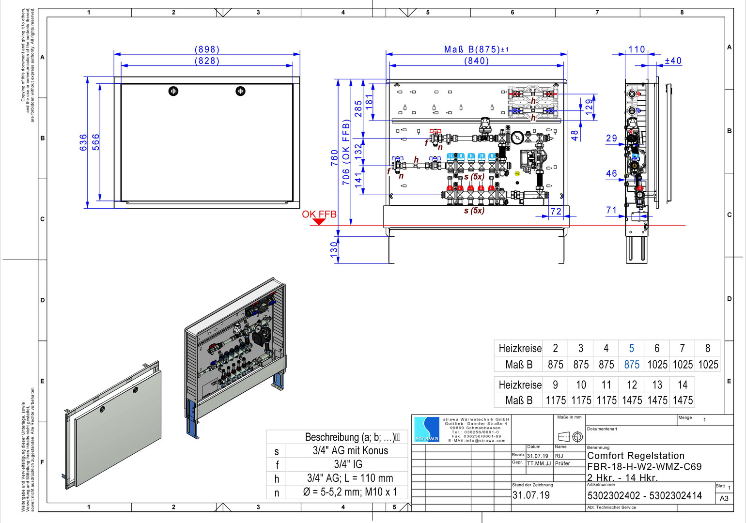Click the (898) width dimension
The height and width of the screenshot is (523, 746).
pyautogui.click(x=207, y=49)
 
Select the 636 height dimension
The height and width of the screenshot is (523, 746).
pyautogui.click(x=83, y=142)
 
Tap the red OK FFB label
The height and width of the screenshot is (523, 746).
pyautogui.click(x=319, y=214)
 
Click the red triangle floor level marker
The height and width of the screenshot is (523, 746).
pyautogui.click(x=319, y=222)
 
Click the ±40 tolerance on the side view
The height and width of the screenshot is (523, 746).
pyautogui.click(x=673, y=61)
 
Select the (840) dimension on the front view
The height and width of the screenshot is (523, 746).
pyautogui.click(x=476, y=61)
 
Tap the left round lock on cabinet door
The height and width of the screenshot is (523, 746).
pyautogui.click(x=173, y=91)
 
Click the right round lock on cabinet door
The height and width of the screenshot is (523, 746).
pyautogui.click(x=240, y=91)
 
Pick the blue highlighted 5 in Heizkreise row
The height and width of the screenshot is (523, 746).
pyautogui.click(x=631, y=348)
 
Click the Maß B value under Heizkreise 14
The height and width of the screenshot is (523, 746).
pyautogui.click(x=682, y=400)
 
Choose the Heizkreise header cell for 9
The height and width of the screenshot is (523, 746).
pyautogui.click(x=555, y=385)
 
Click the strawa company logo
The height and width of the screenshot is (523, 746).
pyautogui.click(x=426, y=429)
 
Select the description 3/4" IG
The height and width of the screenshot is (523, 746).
pyautogui.click(x=348, y=464)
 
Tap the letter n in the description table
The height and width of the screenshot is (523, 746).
pyautogui.click(x=277, y=492)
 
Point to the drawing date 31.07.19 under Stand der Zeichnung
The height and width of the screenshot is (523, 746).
pyautogui.click(x=531, y=495)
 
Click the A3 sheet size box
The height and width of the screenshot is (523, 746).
pyautogui.click(x=724, y=498)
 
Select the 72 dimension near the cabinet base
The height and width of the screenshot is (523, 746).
pyautogui.click(x=556, y=212)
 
